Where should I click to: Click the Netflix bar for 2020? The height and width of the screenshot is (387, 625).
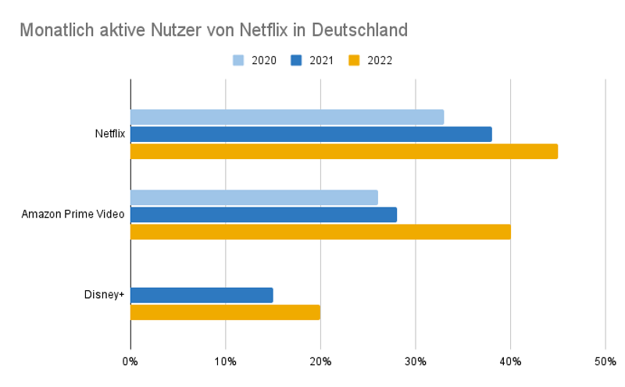(x=287, y=117)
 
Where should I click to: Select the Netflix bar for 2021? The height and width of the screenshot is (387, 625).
(x=311, y=134)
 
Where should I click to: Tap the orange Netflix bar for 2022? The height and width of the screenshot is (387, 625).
(x=344, y=151)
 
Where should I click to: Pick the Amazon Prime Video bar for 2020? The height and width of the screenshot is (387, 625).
(x=254, y=197)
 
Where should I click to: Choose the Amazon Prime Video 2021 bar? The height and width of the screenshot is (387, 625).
(x=263, y=215)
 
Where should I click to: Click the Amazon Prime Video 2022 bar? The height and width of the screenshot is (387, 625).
(x=320, y=232)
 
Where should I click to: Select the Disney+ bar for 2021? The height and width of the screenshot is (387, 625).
(x=202, y=295)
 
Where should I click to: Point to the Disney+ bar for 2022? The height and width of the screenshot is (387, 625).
(x=225, y=312)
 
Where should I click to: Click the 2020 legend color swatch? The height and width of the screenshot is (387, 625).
(x=239, y=60)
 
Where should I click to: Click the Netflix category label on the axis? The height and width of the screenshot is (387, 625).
(x=109, y=134)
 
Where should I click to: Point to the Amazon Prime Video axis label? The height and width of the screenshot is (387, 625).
(x=73, y=215)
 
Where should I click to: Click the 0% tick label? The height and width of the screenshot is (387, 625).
(x=130, y=361)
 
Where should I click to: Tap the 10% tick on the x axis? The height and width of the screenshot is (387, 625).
(x=225, y=361)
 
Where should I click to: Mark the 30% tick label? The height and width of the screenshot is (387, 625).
(x=415, y=361)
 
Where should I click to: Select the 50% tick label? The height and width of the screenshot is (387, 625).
(x=605, y=361)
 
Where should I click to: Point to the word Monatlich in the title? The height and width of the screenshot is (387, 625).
(x=52, y=30)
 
